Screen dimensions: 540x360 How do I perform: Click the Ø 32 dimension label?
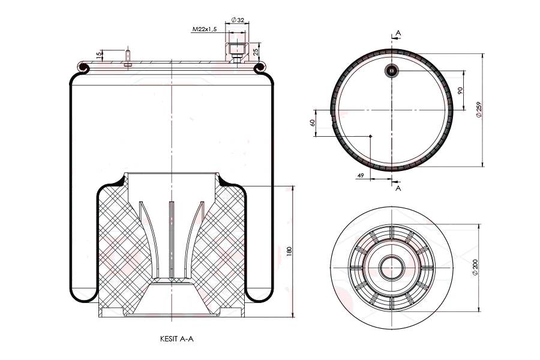[x=238, y=20]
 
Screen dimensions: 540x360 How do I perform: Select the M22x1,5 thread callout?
[x=205, y=29]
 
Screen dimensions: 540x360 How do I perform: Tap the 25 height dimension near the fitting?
[x=256, y=52]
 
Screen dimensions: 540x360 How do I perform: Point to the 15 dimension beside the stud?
[x=99, y=55]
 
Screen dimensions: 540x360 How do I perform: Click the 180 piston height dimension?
[x=289, y=251]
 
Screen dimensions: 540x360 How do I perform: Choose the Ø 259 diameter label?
[x=479, y=110]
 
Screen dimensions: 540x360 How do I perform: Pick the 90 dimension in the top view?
[x=460, y=90]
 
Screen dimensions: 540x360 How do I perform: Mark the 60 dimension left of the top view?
[x=313, y=122]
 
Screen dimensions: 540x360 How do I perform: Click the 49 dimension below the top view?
[x=361, y=176]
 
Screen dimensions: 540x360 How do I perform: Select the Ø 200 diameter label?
[x=475, y=268]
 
